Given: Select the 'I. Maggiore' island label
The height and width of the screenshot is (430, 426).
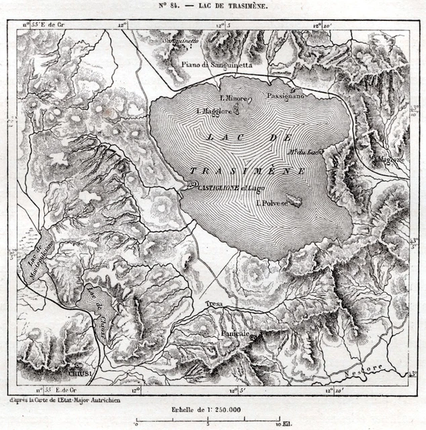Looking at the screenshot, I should point(214,111).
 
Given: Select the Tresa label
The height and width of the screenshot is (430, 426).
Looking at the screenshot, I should point(214,304).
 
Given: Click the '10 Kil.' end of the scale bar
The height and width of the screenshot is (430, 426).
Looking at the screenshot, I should point(282,424).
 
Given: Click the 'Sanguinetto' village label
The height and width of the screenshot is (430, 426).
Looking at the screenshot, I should point(182,40).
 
